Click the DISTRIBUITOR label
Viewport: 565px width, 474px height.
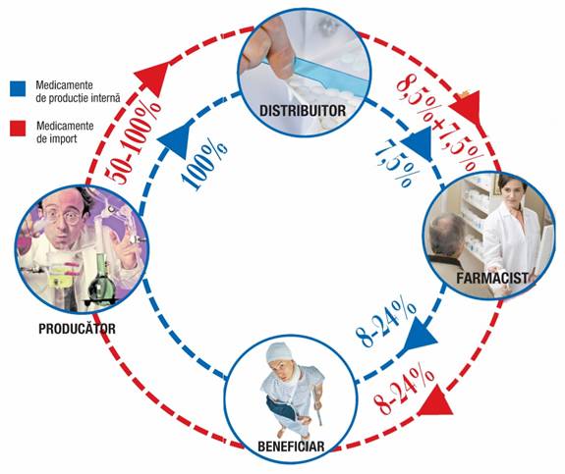pos(303,111)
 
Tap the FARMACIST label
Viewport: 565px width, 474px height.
pos(492,278)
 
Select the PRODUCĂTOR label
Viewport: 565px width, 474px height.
pos(77,329)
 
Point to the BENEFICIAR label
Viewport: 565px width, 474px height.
pos(291,447)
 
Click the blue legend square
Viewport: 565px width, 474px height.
pos(18,88)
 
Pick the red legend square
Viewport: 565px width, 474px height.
pos(18,129)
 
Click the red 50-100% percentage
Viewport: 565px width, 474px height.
pos(133,143)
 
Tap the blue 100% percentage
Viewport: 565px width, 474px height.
pos(204,163)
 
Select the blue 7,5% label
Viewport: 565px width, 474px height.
pos(397,164)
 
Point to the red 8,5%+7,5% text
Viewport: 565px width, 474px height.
pos(440,122)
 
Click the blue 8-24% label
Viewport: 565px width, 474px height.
pos(386,323)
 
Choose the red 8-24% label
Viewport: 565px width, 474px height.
pos(404,391)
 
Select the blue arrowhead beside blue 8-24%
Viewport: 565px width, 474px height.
pos(420,336)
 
